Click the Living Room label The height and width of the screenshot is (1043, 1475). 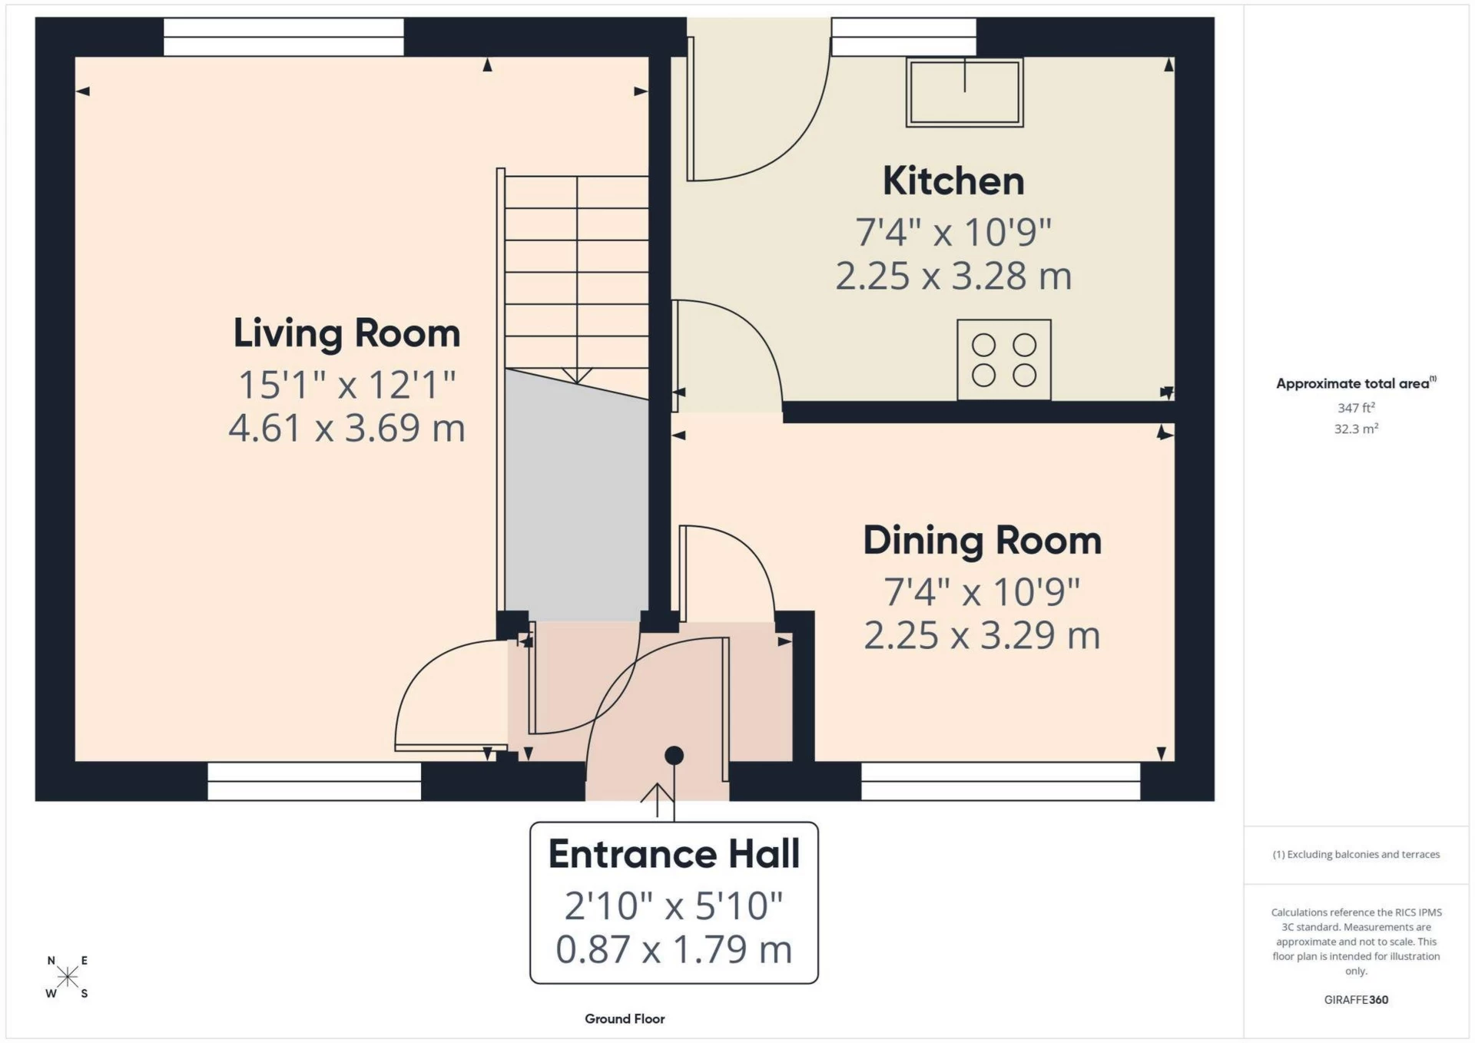(346, 333)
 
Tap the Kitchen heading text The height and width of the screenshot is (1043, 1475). (953, 181)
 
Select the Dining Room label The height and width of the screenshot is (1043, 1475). (982, 541)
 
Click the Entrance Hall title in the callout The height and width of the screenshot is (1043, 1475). (674, 854)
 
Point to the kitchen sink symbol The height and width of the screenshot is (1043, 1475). (964, 92)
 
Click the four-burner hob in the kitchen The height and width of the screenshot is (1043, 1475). (1003, 359)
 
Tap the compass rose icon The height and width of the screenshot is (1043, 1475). (68, 977)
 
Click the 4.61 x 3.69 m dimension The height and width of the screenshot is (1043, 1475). (346, 428)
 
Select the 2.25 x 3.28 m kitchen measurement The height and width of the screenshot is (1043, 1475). (953, 276)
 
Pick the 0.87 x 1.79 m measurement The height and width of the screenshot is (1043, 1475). (674, 949)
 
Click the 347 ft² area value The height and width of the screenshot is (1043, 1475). (1355, 408)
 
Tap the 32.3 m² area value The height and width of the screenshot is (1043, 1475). (1355, 429)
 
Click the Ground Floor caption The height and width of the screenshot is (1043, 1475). (625, 1018)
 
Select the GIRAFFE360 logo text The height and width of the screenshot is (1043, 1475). (1355, 999)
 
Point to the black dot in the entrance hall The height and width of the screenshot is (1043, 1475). (674, 756)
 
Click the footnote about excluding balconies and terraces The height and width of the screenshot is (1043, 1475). (1355, 854)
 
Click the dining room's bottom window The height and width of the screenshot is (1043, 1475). (1000, 781)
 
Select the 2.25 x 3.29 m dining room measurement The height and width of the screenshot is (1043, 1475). (982, 635)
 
